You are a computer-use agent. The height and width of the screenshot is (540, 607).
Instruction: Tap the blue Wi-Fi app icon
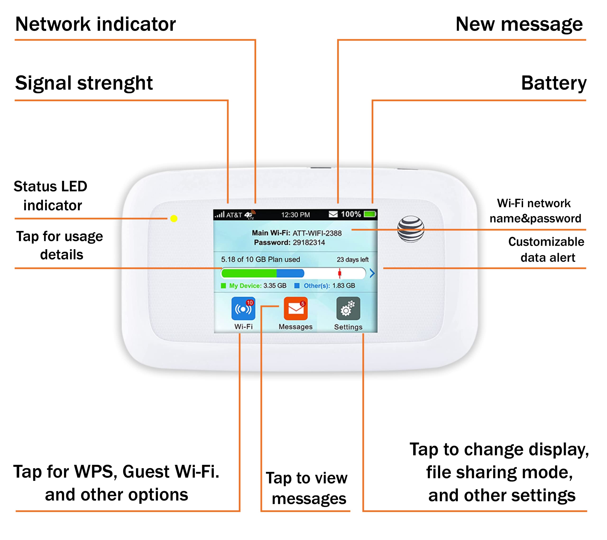tap(243, 309)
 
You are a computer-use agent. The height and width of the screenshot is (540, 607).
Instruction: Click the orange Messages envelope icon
tap(295, 309)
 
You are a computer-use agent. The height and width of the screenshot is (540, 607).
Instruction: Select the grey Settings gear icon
tap(348, 309)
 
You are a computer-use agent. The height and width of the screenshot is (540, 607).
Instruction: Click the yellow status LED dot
tap(174, 219)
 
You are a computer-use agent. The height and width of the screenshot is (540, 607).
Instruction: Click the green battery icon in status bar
tap(370, 214)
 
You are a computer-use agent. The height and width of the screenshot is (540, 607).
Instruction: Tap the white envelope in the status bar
tap(333, 214)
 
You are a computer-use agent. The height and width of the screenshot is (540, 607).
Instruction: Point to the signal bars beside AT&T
tap(220, 214)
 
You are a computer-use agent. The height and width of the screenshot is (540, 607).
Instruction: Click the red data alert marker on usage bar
tap(340, 273)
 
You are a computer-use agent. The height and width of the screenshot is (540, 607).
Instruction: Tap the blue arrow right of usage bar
tap(372, 273)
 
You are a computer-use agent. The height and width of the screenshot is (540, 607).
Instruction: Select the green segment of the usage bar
tap(249, 273)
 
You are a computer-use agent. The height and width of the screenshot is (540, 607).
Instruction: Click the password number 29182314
tap(309, 243)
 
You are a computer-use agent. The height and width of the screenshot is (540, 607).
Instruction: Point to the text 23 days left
tap(353, 260)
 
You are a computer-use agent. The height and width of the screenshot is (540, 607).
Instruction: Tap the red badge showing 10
tap(250, 303)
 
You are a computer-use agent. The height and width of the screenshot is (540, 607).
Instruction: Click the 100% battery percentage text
tap(351, 214)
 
